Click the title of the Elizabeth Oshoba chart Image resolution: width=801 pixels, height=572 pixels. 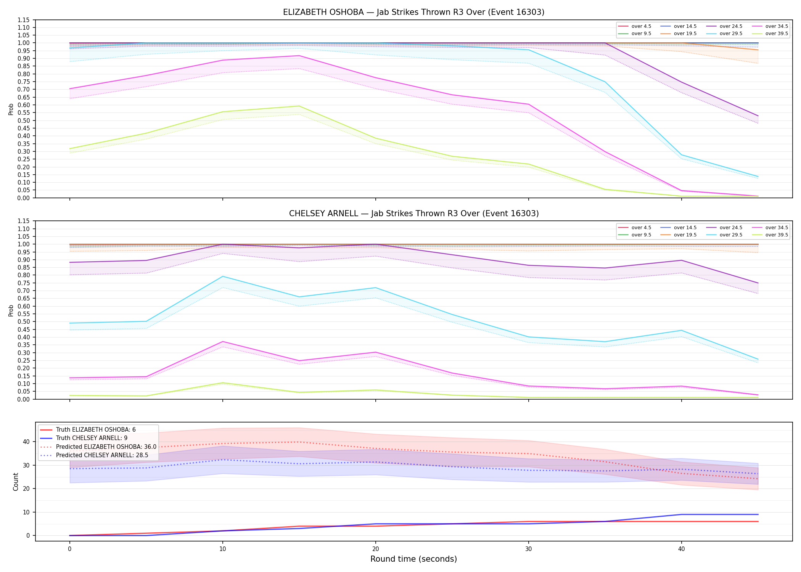click(413, 12)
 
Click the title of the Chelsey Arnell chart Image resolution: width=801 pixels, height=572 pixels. click(414, 214)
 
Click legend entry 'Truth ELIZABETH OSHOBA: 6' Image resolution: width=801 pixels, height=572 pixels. click(96, 430)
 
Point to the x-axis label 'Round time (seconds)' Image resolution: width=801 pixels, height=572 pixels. click(413, 559)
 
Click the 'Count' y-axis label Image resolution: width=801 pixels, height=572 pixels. click(16, 482)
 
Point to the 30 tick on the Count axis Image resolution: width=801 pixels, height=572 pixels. click(26, 465)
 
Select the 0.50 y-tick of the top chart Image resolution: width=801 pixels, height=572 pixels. click(24, 121)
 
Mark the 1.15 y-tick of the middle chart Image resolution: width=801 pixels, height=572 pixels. click(24, 221)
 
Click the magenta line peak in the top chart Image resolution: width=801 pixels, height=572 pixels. click(299, 56)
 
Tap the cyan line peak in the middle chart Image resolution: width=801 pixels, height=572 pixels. click(223, 276)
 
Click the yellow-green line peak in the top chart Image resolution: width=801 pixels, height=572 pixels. click(299, 106)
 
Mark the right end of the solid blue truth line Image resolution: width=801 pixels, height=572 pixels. click(758, 514)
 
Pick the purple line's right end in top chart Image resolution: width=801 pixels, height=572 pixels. click(758, 116)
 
